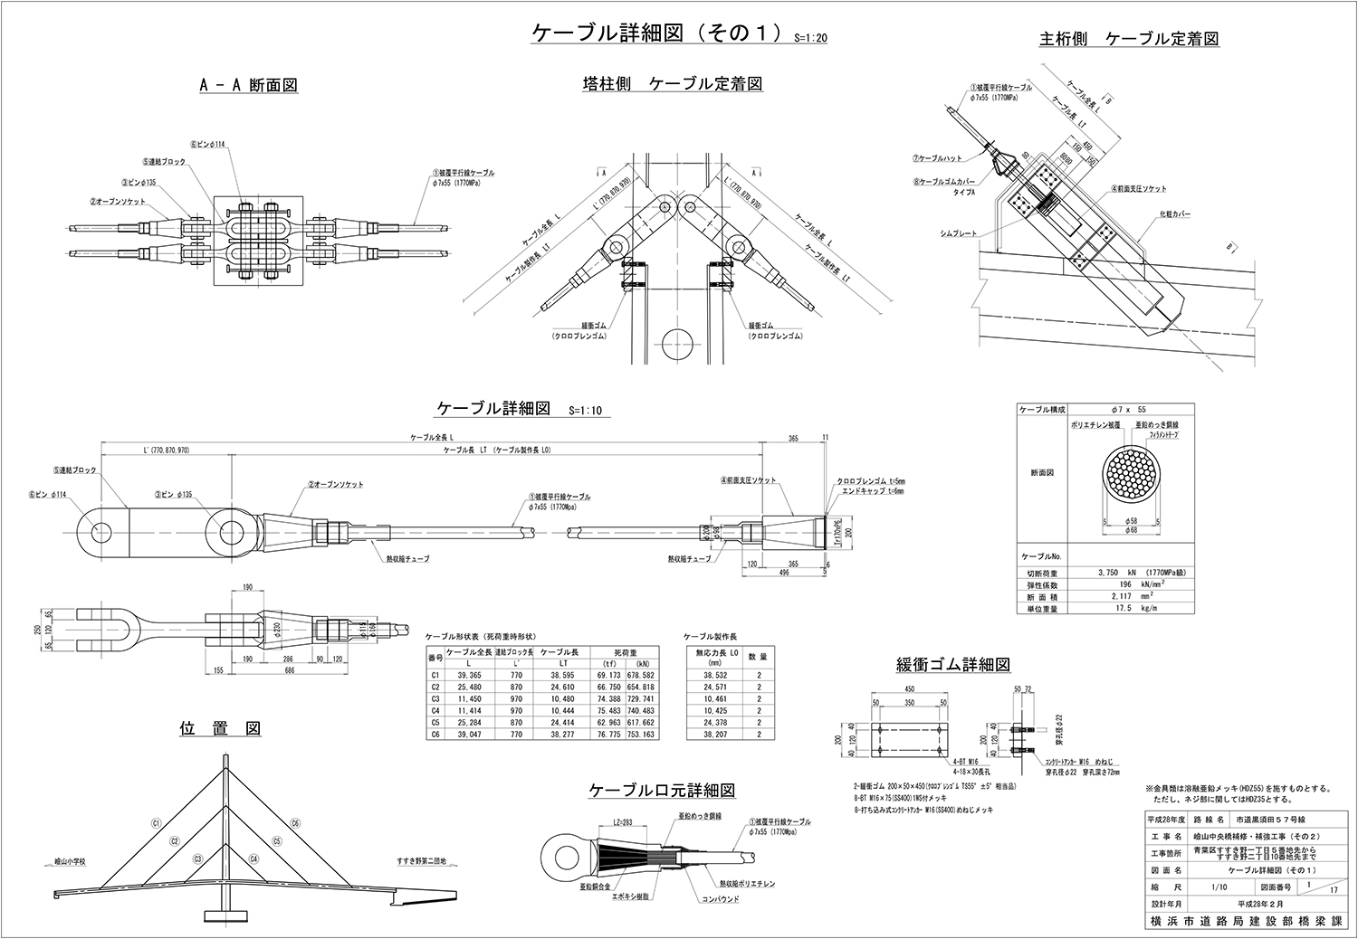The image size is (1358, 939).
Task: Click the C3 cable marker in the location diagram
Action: (196, 858)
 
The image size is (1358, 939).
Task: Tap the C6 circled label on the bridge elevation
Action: (295, 823)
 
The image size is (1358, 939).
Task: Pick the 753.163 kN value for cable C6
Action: (639, 735)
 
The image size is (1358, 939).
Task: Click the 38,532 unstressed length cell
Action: (709, 675)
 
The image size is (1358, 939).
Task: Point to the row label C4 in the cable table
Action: (435, 711)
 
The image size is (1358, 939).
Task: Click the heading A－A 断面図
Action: (248, 85)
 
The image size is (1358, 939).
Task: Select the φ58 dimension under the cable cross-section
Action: (1132, 522)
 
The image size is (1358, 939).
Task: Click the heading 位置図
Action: (221, 728)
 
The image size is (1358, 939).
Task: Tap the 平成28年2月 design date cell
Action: (1254, 903)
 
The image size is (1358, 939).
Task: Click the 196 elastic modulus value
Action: (1112, 584)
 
